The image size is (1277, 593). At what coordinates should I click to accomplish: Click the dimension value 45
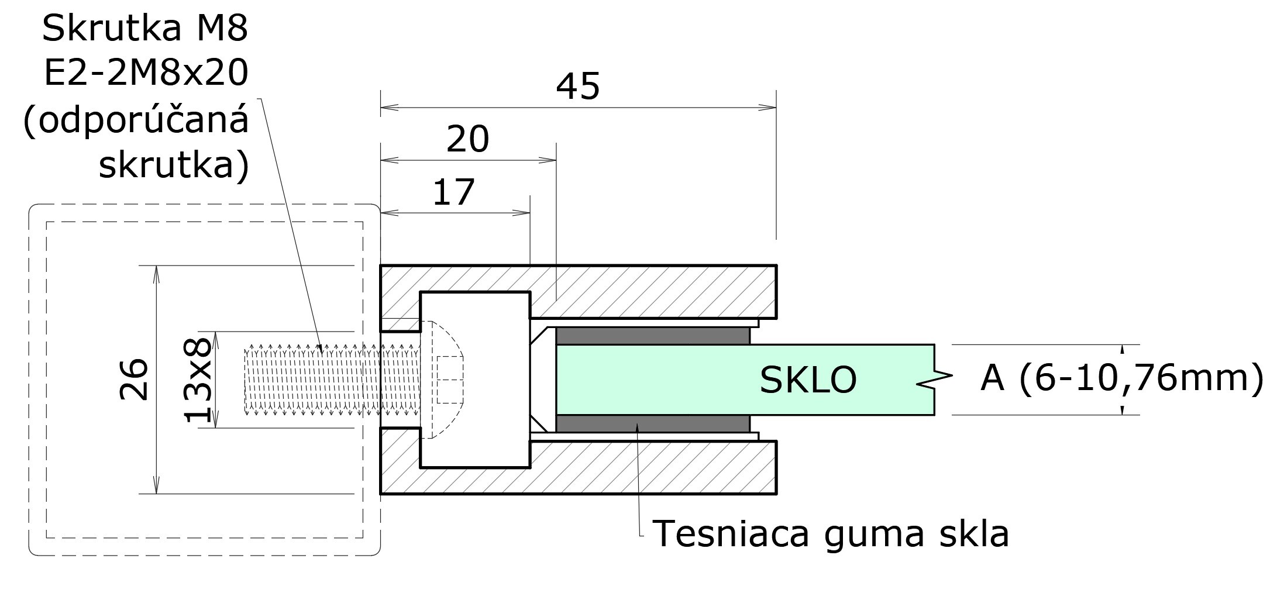(x=577, y=87)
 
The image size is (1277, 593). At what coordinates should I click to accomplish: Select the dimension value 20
(x=467, y=140)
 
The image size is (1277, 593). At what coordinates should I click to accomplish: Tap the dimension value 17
(x=453, y=192)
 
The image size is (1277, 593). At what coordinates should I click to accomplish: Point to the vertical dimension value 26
(x=134, y=379)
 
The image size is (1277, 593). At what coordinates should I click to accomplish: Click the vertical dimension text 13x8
(x=198, y=380)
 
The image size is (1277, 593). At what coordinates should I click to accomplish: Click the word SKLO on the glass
(x=808, y=379)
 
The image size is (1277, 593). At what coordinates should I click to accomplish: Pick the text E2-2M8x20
(x=146, y=74)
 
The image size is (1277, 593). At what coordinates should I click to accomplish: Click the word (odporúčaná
(x=136, y=120)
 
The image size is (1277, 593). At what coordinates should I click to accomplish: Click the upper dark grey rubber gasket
(x=652, y=336)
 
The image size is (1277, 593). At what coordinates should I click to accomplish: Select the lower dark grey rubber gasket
(x=652, y=423)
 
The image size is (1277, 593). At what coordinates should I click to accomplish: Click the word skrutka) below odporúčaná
(x=174, y=166)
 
